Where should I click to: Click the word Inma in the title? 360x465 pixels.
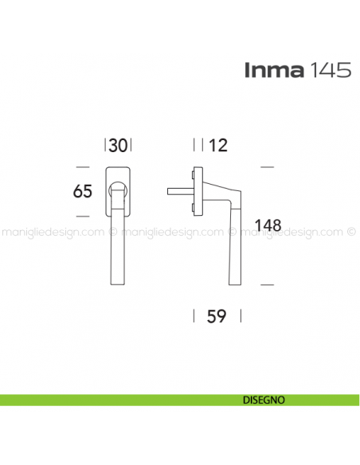pyautogui.click(x=273, y=70)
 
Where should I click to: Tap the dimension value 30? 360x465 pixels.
pyautogui.click(x=118, y=145)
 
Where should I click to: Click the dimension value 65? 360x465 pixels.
pyautogui.click(x=83, y=192)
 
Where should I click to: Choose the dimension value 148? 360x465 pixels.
pyautogui.click(x=268, y=225)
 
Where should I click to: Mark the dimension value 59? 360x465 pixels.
pyautogui.click(x=217, y=316)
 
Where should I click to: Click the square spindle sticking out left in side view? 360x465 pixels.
pyautogui.click(x=180, y=191)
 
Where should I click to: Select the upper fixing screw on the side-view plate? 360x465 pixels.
pyautogui.click(x=194, y=173)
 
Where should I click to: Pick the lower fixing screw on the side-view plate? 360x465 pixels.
pyautogui.click(x=194, y=209)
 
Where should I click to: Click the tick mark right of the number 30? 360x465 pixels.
pyautogui.click(x=130, y=145)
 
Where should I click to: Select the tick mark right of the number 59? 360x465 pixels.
pyautogui.click(x=237, y=316)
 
